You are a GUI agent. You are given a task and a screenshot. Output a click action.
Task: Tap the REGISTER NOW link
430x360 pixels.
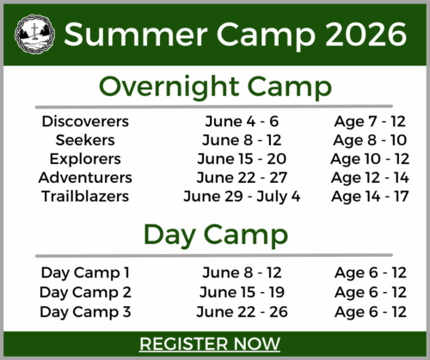[210, 344]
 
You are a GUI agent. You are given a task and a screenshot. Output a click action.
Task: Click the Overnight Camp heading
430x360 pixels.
[214, 87]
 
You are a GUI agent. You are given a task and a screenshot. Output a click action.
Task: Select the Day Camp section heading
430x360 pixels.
[214, 235]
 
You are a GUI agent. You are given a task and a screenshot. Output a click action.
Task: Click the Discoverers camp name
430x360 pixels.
[85, 121]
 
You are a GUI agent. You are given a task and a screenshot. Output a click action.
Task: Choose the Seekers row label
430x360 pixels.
[85, 140]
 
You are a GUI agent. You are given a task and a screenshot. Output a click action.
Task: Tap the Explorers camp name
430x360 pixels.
[85, 159]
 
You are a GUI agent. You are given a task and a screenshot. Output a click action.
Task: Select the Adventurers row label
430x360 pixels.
[85, 178]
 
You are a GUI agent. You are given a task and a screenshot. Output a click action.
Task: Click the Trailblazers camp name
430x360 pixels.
[85, 197]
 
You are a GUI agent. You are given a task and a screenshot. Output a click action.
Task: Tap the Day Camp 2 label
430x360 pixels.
[85, 292]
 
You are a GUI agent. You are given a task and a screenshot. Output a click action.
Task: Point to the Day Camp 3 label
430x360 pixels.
[85, 311]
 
